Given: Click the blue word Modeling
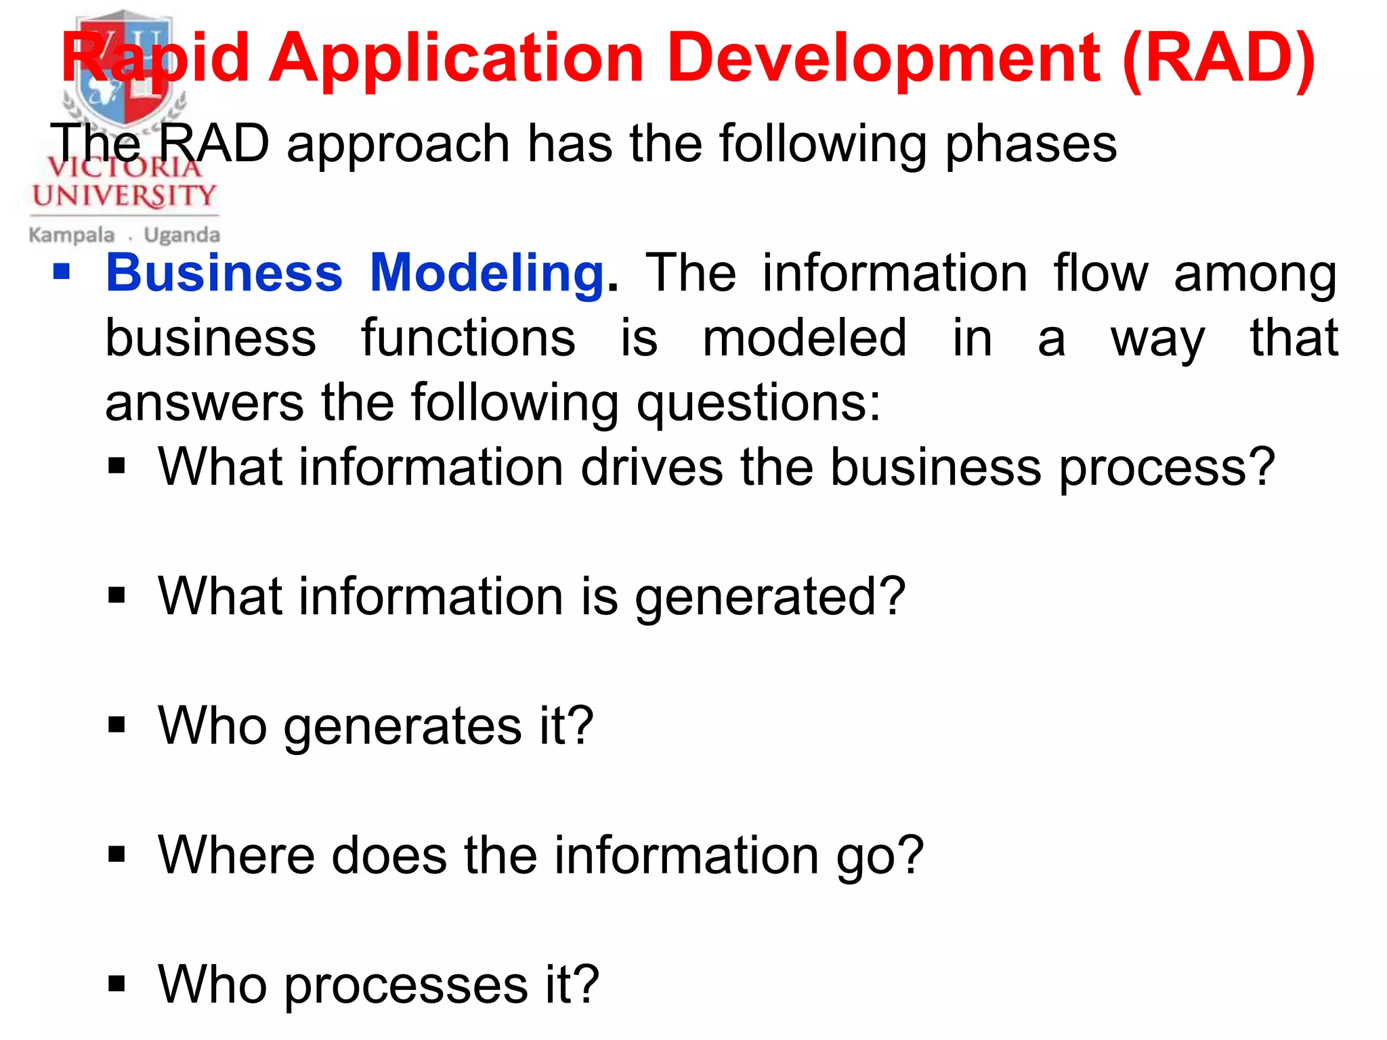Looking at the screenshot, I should click(487, 274).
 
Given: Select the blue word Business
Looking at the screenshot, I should click(224, 274).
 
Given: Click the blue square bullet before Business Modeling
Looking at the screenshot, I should click(62, 272).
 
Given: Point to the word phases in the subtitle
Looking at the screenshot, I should click(1030, 145).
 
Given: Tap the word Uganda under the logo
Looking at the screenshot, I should click(182, 236).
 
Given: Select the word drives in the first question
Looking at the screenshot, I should click(652, 468).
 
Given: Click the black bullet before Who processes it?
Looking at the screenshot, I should click(117, 984).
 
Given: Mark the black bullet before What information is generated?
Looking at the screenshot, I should click(117, 595).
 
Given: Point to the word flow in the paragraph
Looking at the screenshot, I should click(1101, 274).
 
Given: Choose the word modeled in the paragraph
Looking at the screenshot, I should click(804, 339).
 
